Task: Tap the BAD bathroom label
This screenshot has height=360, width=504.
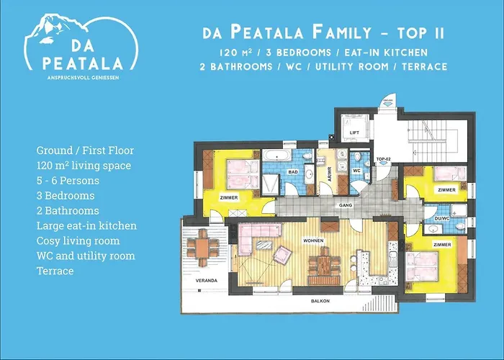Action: pyautogui.click(x=294, y=173)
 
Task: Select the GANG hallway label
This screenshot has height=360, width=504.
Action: pyautogui.click(x=325, y=204)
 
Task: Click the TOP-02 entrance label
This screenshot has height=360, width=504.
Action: pyautogui.click(x=383, y=157)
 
